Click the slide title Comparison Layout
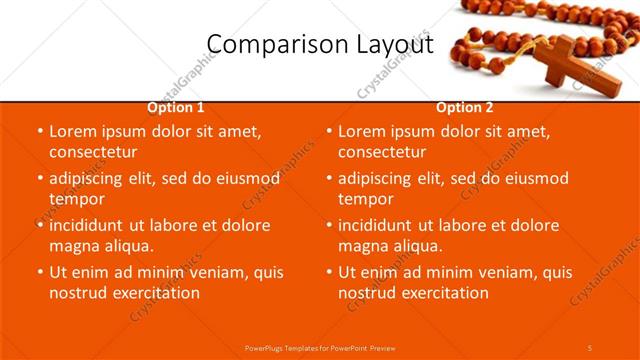tap(320, 45)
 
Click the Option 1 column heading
tap(176, 107)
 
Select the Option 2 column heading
tap(465, 107)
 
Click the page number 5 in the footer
tap(590, 347)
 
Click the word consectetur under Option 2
tap(382, 152)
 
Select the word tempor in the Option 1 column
tap(77, 199)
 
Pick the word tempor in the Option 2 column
tap(366, 199)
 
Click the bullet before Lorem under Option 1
tap(39, 132)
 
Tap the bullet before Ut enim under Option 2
tap(328, 273)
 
